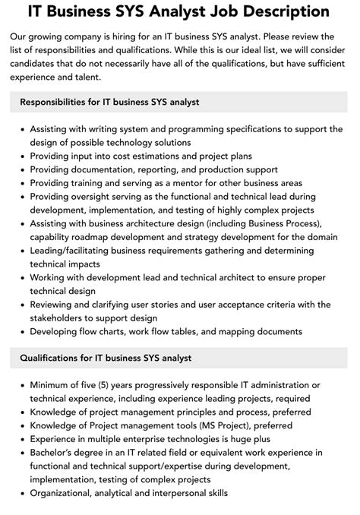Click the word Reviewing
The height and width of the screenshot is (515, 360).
(x=54, y=305)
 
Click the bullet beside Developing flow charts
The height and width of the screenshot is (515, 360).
(x=21, y=332)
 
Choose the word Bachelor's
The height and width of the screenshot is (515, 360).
(x=54, y=452)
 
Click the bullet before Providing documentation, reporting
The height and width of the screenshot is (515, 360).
(x=21, y=169)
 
